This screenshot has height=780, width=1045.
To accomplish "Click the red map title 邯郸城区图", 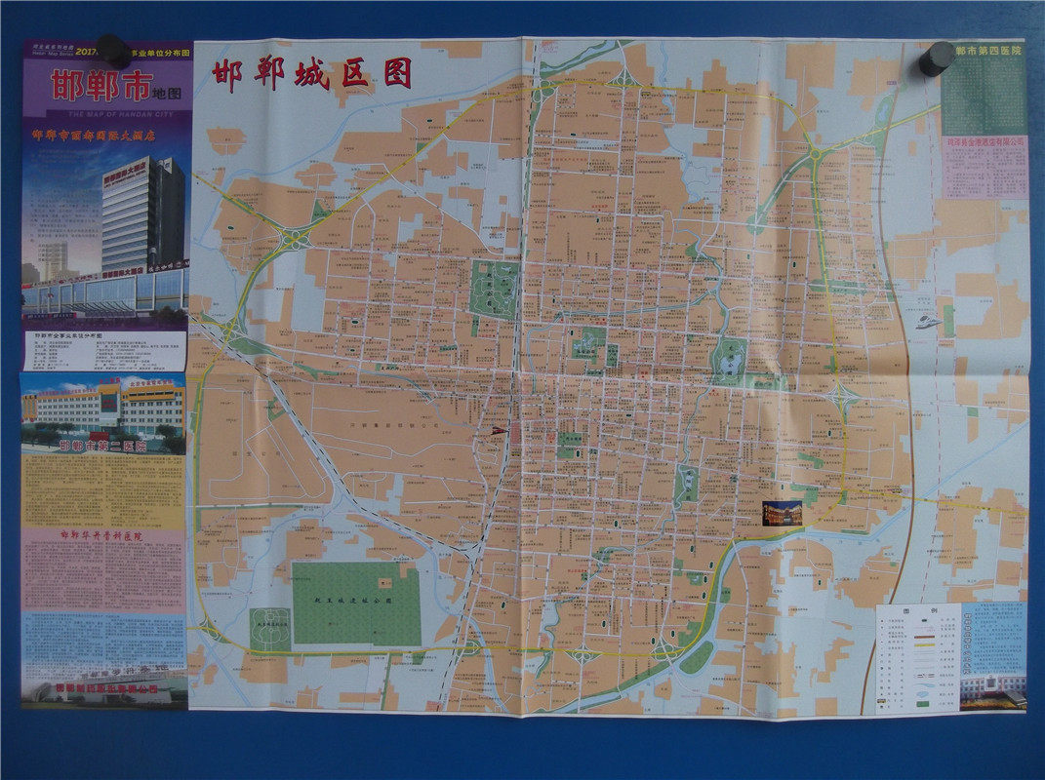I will tap(311, 74).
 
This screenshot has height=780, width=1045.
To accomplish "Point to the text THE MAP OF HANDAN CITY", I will tap(105, 113).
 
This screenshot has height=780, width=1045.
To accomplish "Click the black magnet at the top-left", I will tap(113, 51).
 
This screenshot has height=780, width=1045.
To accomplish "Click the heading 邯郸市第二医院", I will tap(102, 446).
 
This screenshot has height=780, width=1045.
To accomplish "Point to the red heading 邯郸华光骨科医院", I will tap(101, 535).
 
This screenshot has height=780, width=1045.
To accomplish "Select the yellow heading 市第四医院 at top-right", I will tap(988, 51).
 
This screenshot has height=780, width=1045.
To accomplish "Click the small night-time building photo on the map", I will tap(782, 513).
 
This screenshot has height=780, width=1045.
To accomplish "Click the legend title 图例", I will tap(916, 612).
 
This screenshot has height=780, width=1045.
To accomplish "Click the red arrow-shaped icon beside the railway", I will tap(498, 429).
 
